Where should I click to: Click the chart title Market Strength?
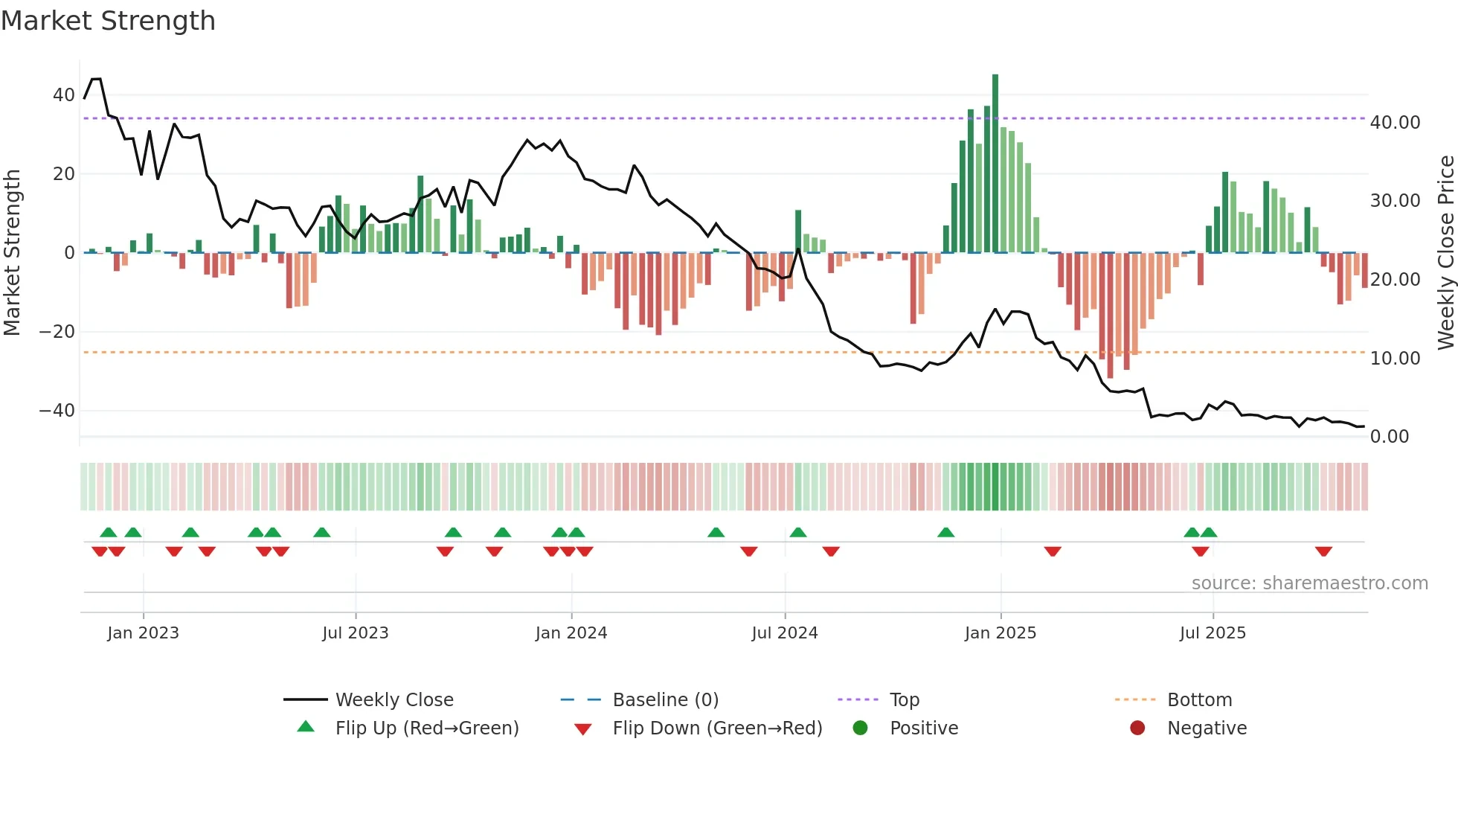point(108,21)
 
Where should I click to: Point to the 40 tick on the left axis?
point(63,95)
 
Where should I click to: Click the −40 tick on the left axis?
point(57,411)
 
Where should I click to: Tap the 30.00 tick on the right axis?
point(1395,201)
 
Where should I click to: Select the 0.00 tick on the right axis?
point(1389,437)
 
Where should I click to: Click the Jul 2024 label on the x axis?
point(784,633)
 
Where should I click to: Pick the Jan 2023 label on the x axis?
point(143,633)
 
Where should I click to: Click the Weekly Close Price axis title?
point(1445,253)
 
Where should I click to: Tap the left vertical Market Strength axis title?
point(12,253)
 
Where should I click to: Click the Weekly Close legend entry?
point(394,700)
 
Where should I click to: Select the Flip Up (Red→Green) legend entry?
point(426,728)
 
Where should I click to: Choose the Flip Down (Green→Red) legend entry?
point(716,728)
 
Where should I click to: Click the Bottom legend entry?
point(1199,700)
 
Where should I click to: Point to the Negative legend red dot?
point(1137,728)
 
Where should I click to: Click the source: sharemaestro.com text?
point(1309,583)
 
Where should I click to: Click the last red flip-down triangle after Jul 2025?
point(1323,551)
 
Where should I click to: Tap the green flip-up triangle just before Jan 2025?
point(945,532)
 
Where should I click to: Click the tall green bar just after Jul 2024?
point(798,231)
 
